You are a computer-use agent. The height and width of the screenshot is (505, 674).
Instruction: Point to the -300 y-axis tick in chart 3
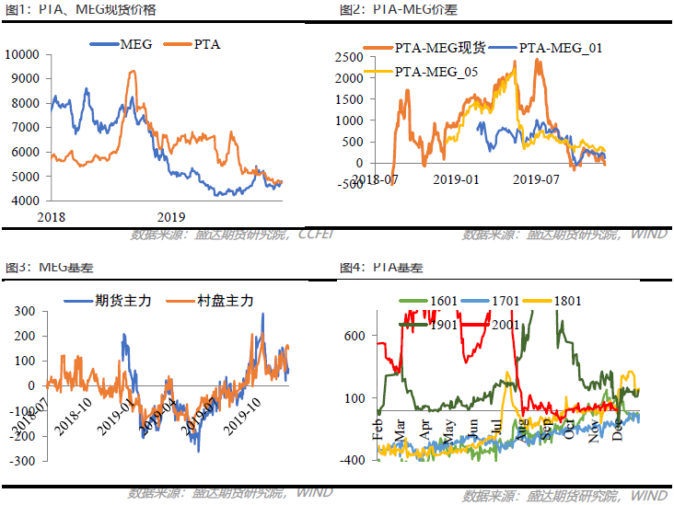click(23, 460)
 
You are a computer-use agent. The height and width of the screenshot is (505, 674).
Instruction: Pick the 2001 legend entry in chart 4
click(505, 324)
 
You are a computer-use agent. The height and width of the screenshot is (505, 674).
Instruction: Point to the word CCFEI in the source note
click(314, 235)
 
